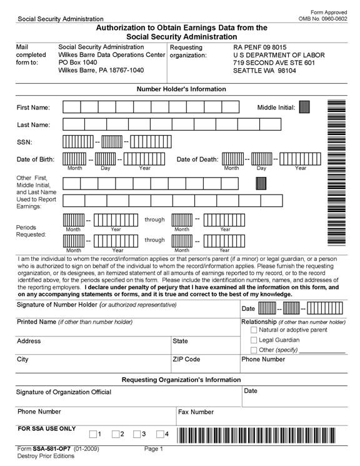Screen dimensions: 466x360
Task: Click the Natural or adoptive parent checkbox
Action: click(x=254, y=330)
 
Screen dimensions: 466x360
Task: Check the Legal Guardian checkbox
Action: click(x=254, y=340)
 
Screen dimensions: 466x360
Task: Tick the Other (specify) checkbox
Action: click(x=254, y=350)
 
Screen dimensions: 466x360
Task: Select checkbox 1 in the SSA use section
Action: click(x=93, y=434)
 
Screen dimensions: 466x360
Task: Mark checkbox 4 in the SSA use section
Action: click(x=161, y=434)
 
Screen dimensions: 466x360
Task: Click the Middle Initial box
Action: click(x=304, y=107)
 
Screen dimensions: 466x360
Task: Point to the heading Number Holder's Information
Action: click(x=181, y=89)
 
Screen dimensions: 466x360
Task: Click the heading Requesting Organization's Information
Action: click(x=181, y=380)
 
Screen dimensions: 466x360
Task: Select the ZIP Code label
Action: click(x=186, y=360)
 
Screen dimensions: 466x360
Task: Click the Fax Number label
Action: click(x=196, y=412)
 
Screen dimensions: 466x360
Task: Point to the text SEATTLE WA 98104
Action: click(x=264, y=71)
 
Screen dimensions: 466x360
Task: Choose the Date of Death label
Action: click(x=197, y=160)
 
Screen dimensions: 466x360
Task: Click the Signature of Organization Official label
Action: click(x=64, y=392)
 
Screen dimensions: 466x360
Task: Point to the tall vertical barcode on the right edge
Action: click(x=336, y=172)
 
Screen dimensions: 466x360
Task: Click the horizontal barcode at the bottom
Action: click(x=262, y=434)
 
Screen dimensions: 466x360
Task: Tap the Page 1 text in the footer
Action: click(x=153, y=449)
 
